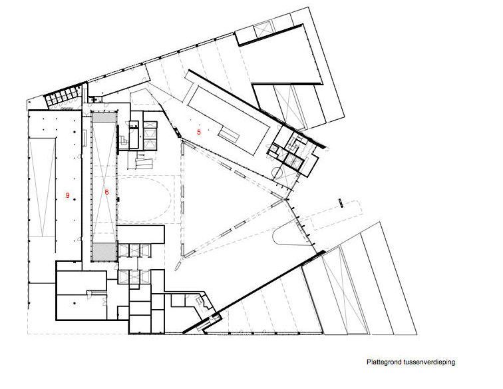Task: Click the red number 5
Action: click(199, 132)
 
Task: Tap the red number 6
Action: click(107, 192)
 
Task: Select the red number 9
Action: click(67, 195)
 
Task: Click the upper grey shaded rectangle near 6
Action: click(104, 117)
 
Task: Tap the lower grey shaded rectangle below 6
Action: click(104, 252)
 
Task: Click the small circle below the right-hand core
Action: click(277, 173)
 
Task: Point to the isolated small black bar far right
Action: click(340, 203)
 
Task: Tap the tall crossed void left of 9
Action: click(43, 188)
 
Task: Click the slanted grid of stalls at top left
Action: click(62, 97)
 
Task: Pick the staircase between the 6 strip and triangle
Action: click(142, 162)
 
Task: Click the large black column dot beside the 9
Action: click(75, 199)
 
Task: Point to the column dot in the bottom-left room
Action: click(75, 303)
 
